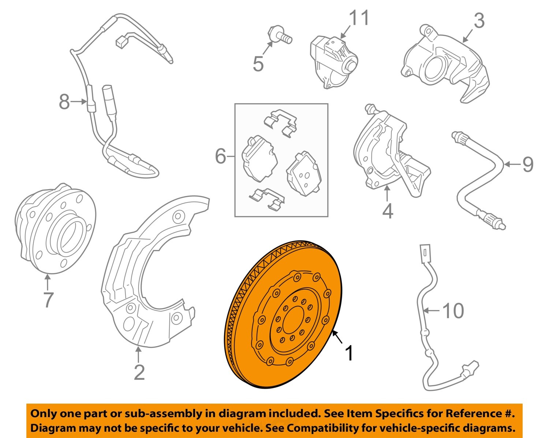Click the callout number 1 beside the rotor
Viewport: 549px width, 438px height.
coord(350,353)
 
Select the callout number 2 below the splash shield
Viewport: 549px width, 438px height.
coord(139,373)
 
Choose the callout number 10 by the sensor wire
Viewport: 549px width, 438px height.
coord(453,311)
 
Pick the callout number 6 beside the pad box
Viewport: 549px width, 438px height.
coord(221,157)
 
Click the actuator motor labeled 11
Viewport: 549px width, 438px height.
coord(333,60)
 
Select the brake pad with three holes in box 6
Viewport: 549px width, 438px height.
coord(303,174)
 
